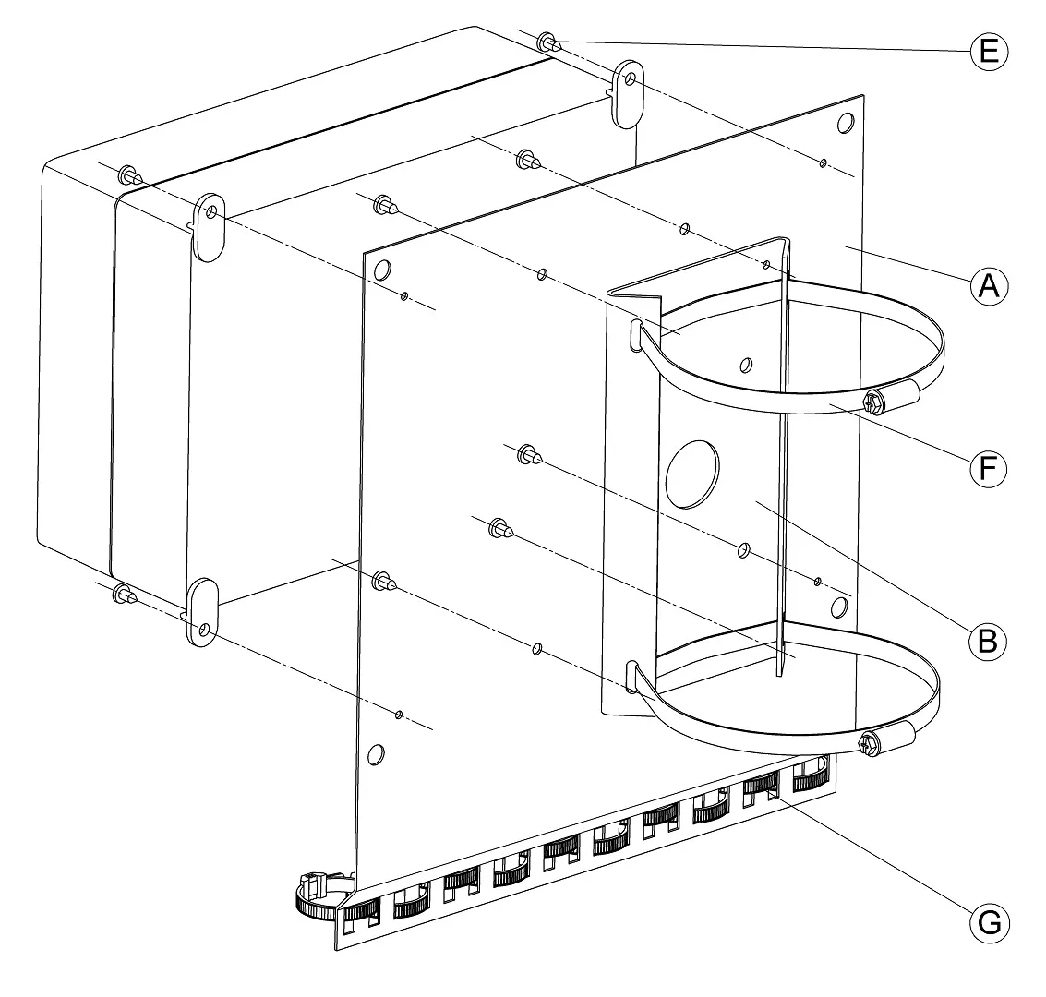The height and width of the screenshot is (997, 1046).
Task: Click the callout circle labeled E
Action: [989, 52]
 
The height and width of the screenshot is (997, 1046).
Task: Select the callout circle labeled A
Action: [989, 286]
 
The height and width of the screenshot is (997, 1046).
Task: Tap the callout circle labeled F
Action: [988, 468]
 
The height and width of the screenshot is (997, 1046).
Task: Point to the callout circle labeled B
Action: [987, 642]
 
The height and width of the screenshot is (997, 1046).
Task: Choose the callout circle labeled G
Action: [989, 924]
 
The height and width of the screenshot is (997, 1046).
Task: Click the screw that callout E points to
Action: [549, 42]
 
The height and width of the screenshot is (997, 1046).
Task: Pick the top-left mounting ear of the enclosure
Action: [209, 227]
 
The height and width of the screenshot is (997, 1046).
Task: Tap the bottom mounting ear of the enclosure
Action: [201, 613]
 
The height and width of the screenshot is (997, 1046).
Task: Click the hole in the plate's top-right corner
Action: [846, 123]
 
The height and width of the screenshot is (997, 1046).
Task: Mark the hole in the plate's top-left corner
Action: [382, 270]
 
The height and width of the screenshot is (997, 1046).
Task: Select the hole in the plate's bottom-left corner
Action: [377, 755]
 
